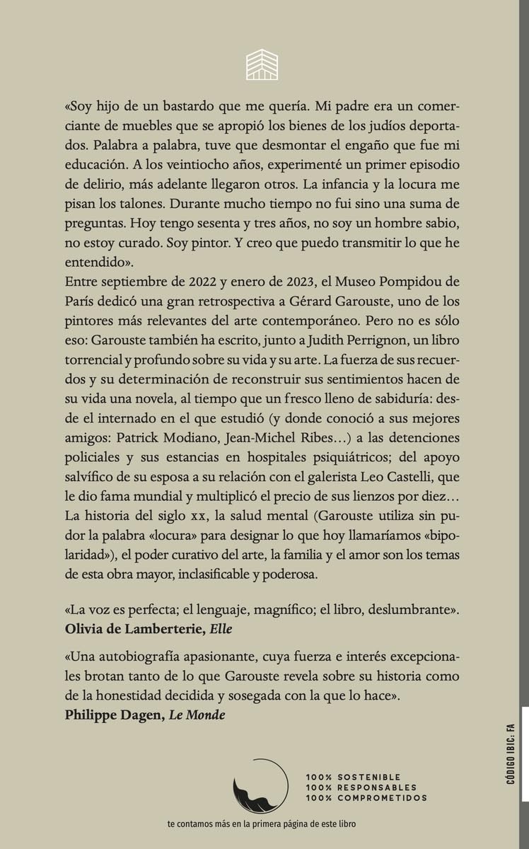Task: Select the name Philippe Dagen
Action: click(115, 715)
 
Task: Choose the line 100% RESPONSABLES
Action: click(361, 787)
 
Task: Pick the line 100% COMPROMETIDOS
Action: click(366, 798)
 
